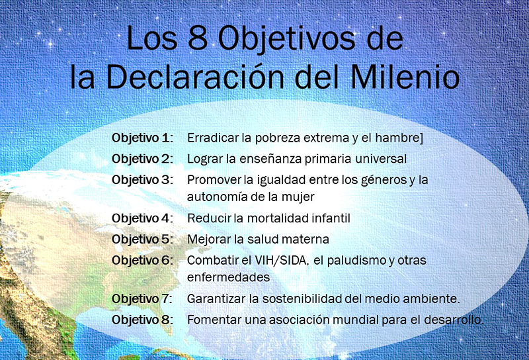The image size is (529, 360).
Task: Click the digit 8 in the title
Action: (x=198, y=38)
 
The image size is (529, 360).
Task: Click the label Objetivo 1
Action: (x=142, y=138)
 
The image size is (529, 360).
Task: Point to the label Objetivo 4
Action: (x=142, y=218)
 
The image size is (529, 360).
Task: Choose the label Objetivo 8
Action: (x=142, y=320)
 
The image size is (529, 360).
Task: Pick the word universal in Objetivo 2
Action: (x=381, y=159)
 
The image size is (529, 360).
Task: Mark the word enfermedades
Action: (x=228, y=277)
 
